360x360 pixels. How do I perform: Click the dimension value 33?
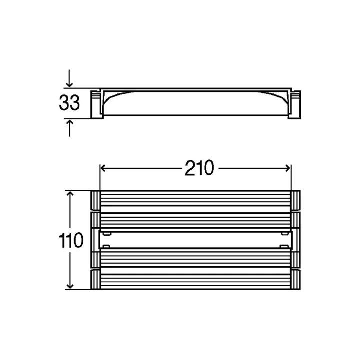tap(69, 103)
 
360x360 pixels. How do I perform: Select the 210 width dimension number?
tap(199, 169)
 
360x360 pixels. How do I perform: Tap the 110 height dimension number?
tap(70, 241)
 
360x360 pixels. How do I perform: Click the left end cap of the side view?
tap(96, 104)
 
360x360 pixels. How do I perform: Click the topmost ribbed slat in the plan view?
tap(196, 201)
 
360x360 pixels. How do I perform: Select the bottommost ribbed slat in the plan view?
tap(196, 279)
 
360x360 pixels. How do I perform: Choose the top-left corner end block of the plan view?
tap(96, 201)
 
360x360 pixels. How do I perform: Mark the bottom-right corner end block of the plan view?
tap(295, 279)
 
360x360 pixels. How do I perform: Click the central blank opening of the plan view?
tap(196, 240)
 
